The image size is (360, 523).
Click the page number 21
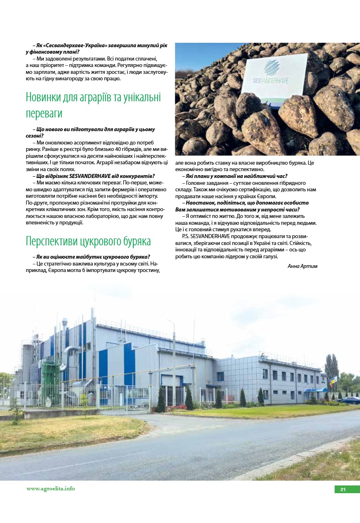[343, 490]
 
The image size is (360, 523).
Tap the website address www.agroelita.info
[51, 489]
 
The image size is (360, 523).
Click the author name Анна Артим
[302, 266]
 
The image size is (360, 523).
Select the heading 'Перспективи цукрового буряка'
[88, 241]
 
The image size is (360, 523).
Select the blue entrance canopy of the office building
[316, 390]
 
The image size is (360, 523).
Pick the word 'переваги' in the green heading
[44, 113]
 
